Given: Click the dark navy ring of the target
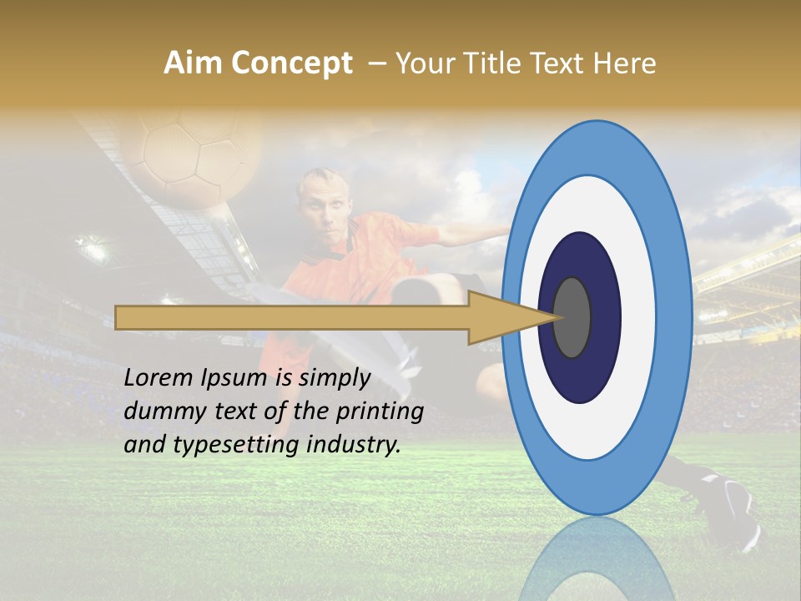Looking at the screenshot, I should click(x=580, y=376).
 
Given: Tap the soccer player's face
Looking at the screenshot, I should click(x=321, y=209).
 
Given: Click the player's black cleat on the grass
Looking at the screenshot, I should click(x=734, y=505).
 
